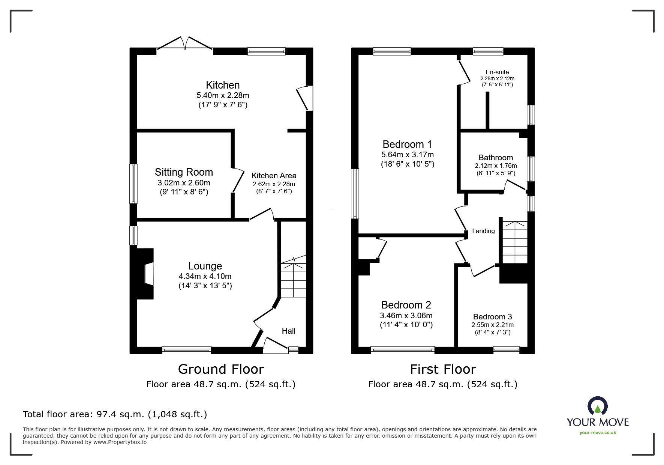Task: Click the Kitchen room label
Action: pyautogui.click(x=222, y=85)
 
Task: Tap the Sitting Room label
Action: pyautogui.click(x=184, y=172)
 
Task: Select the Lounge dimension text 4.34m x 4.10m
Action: pyautogui.click(x=205, y=276)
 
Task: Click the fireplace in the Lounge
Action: pyautogui.click(x=145, y=274)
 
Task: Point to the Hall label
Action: pyautogui.click(x=288, y=331)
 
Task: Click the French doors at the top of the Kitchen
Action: pyautogui.click(x=185, y=44)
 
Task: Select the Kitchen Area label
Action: pyautogui.click(x=274, y=176)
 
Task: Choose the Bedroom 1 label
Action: pyautogui.click(x=407, y=144)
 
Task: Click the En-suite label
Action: pyautogui.click(x=497, y=72)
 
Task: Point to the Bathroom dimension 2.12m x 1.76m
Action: pyautogui.click(x=496, y=166)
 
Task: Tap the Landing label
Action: pyautogui.click(x=483, y=231)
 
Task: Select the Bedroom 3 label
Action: pyautogui.click(x=492, y=317)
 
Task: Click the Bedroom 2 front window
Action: pyautogui.click(x=403, y=350)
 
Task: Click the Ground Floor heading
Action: pyautogui.click(x=221, y=369)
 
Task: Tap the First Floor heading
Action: pyautogui.click(x=443, y=369)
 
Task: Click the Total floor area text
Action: pyautogui.click(x=115, y=414)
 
